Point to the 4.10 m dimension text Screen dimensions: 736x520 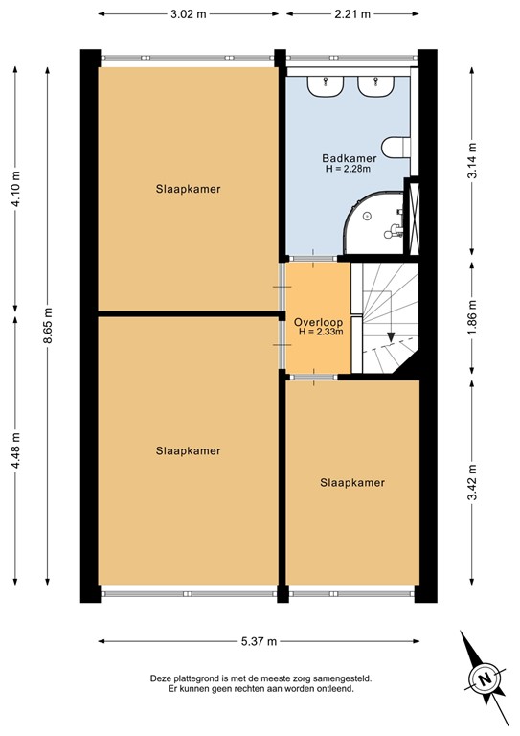[15, 190]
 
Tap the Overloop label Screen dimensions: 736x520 [318, 321]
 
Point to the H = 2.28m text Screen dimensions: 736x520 [348, 170]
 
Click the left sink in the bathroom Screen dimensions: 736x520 [327, 85]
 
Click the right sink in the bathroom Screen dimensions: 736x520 [376, 85]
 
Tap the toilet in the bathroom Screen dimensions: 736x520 [396, 147]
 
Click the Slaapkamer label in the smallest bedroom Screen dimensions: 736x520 [352, 483]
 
